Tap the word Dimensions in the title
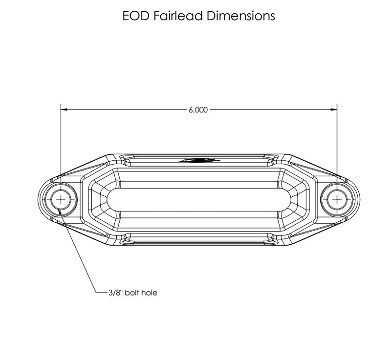coord(240,16)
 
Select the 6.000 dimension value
coord(198,110)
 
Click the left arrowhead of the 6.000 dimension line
coord(64,110)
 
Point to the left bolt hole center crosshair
coord(61,199)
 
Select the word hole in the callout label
coord(150,294)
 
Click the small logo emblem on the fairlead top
coord(198,160)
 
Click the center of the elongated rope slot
coord(198,199)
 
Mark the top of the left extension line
coord(61,104)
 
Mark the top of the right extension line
coord(337,104)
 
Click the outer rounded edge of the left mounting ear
coord(39,199)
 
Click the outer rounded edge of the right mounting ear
coord(359,199)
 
